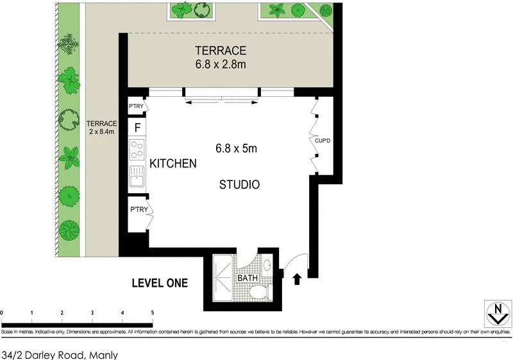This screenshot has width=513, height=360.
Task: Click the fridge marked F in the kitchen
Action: [137, 126]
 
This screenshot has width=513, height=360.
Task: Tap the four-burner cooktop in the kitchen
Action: [137, 150]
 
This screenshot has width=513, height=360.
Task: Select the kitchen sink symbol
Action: [137, 176]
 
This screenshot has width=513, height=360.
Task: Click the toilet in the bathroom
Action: [259, 293]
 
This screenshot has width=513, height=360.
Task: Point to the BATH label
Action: [248, 279]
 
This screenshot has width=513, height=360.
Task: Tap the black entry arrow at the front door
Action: [297, 279]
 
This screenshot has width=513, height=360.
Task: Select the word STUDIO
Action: [239, 185]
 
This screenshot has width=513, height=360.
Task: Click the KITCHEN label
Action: [172, 164]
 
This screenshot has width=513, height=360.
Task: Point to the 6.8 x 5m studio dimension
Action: [235, 148]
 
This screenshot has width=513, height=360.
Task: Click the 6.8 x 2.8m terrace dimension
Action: [221, 64]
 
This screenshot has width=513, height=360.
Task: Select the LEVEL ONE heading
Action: [160, 282]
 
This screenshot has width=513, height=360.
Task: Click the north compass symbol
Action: [495, 313]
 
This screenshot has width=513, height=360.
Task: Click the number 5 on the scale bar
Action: [152, 313]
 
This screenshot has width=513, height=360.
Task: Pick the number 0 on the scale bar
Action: [3, 313]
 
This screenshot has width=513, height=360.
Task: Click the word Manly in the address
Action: [103, 354]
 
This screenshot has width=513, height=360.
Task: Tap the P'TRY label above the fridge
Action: [136, 106]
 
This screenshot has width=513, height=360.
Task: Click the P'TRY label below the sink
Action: [139, 210]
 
